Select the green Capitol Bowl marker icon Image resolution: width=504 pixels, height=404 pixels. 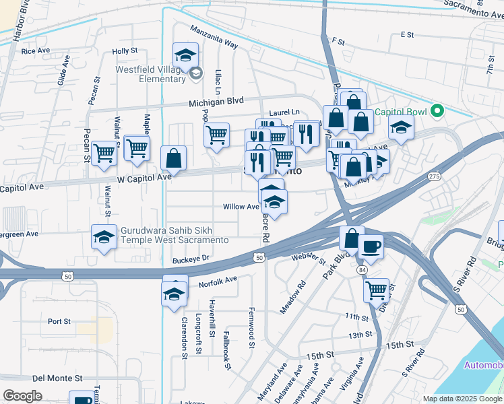point(436,110)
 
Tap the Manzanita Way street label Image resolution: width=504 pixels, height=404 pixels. point(214,37)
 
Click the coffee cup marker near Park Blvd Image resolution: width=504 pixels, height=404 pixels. point(371,246)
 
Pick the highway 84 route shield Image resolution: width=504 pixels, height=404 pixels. point(363,269)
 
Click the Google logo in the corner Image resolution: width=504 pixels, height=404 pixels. point(22,395)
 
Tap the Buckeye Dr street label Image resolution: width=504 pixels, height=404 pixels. point(191,258)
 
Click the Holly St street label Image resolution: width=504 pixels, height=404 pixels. point(125,50)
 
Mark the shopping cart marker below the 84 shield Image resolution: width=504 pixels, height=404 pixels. point(377,290)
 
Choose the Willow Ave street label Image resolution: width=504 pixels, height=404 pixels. point(242,207)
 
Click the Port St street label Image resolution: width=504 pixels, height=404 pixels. point(60,322)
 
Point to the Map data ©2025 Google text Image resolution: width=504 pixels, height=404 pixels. point(462,399)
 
